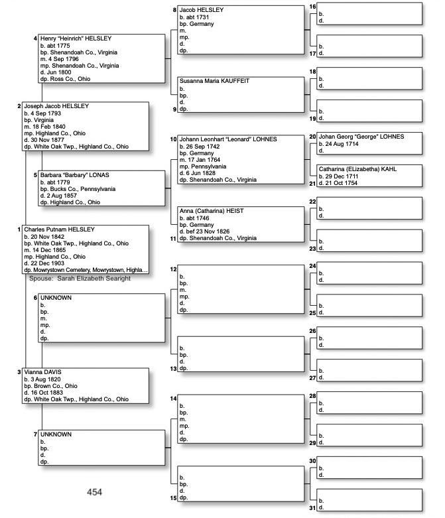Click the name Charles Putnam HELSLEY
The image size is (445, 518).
(60, 229)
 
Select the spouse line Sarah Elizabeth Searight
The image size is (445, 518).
(80, 279)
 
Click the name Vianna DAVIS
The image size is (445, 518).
(42, 372)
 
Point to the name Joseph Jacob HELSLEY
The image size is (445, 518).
(56, 106)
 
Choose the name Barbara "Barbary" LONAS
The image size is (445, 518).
(75, 175)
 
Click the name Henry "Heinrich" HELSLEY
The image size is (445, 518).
(74, 38)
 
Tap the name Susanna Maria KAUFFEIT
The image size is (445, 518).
(215, 80)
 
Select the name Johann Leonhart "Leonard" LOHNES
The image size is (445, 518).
(228, 139)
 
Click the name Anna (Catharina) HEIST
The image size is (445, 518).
(211, 211)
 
